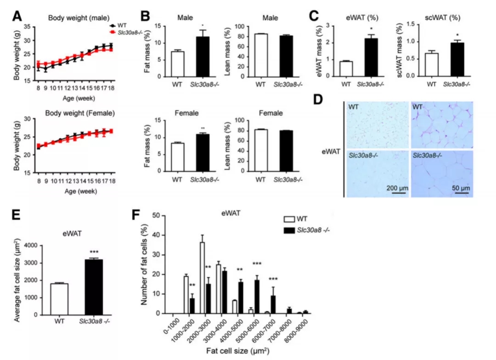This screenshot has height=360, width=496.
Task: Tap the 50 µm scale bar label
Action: [460, 189]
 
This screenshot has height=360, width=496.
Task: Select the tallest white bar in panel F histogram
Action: [203, 278]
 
